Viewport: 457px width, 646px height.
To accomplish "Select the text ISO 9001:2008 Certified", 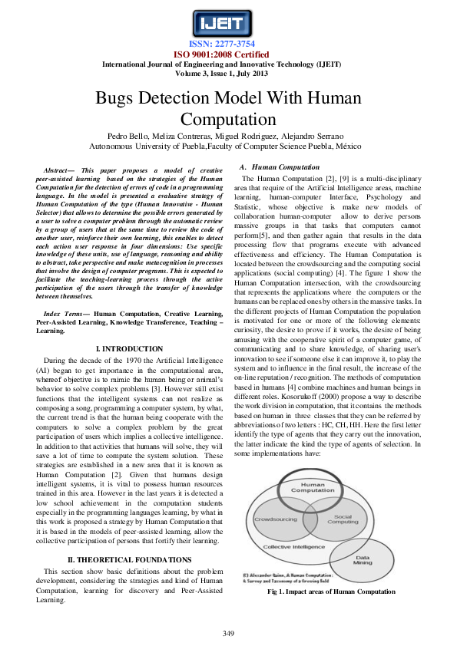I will (x=228, y=55).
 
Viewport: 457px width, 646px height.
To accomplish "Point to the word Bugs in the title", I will (x=117, y=99).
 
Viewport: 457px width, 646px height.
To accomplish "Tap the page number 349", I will (x=228, y=632).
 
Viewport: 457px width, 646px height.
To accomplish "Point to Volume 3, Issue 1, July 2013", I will (x=228, y=74).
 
